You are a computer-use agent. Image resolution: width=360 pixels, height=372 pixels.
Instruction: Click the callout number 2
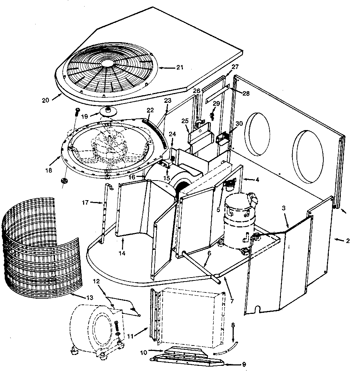tap(348, 240)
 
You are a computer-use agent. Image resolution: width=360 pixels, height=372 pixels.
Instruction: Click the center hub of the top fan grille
tap(107, 63)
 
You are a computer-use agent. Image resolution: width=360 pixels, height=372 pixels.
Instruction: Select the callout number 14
tap(122, 253)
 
